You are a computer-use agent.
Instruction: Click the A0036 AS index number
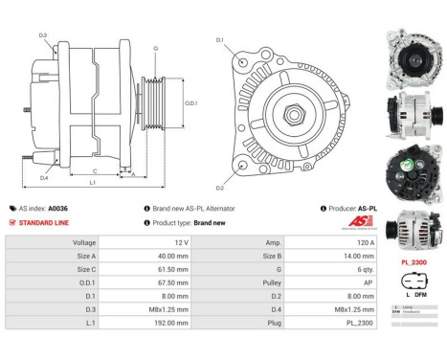click(x=58, y=208)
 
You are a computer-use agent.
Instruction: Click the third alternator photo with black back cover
click(x=413, y=171)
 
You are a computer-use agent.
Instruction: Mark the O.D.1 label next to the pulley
click(x=190, y=103)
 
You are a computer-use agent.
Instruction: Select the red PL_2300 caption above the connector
click(x=413, y=261)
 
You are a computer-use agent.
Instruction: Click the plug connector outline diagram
click(x=413, y=282)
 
